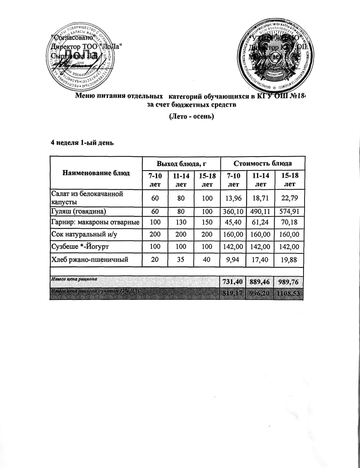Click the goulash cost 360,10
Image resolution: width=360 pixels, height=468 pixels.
tap(233, 211)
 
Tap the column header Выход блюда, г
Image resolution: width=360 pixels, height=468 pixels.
tap(181, 164)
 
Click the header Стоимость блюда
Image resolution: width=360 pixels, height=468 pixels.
tap(262, 163)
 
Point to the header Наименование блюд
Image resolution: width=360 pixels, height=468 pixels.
tap(96, 173)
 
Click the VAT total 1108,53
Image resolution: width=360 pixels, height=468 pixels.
tap(289, 294)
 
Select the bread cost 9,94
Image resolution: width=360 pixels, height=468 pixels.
tap(233, 259)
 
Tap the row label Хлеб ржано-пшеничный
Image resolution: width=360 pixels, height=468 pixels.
tap(90, 259)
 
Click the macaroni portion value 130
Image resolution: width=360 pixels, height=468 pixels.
tap(181, 222)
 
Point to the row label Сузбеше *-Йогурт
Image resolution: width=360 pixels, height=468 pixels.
tap(80, 247)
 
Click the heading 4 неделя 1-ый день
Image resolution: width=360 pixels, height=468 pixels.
tap(82, 143)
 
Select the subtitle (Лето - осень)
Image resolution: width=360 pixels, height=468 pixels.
tap(192, 117)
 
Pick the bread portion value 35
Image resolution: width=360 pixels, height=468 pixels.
tap(181, 259)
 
